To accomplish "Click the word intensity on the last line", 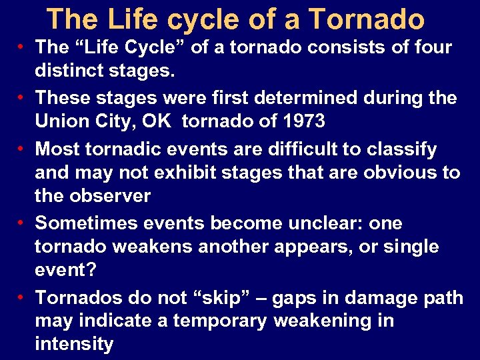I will click(74, 345).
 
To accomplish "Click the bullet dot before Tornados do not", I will click(22, 296).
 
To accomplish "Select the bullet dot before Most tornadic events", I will click(22, 148).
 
